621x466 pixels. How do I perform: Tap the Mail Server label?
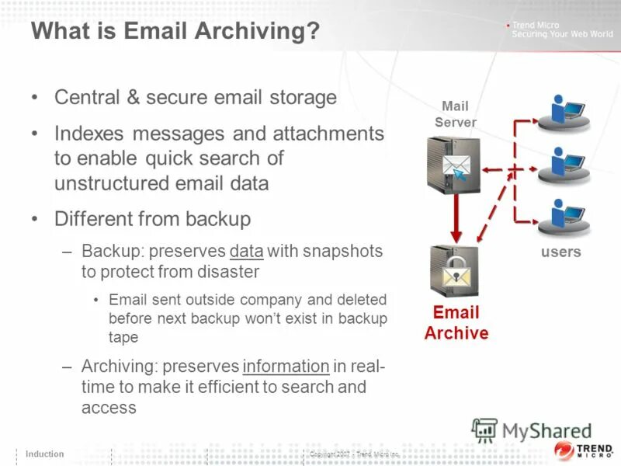pyautogui.click(x=456, y=114)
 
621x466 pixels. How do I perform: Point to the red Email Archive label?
pyautogui.click(x=456, y=322)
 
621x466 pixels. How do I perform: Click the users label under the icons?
pyautogui.click(x=561, y=252)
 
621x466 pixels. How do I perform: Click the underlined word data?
pyautogui.click(x=247, y=251)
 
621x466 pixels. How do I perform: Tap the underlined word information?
pyautogui.click(x=286, y=367)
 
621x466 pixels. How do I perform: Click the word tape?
pyautogui.click(x=123, y=337)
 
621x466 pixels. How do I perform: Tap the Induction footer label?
pyautogui.click(x=45, y=454)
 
